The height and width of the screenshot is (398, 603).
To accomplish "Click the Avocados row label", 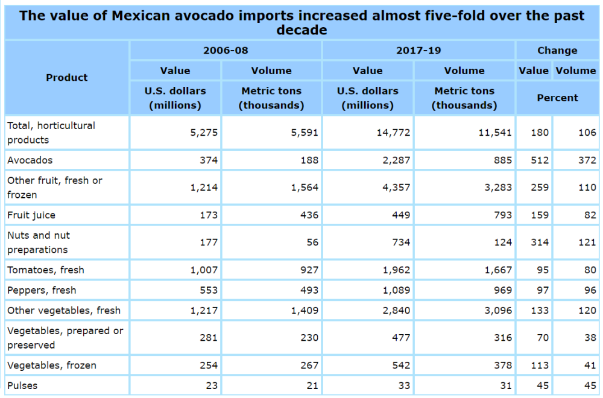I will tap(30, 160).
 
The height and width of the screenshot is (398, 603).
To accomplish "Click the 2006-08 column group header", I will tap(226, 50).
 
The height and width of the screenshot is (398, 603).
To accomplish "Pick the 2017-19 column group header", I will tap(418, 50).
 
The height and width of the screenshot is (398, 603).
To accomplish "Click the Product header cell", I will tap(67, 77).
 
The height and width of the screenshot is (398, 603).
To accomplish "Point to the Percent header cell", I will tap(557, 98).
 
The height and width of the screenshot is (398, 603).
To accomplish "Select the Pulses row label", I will tap(22, 385).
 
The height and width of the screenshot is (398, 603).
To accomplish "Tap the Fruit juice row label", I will tap(31, 215).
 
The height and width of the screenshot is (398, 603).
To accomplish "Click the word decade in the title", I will tap(301, 30).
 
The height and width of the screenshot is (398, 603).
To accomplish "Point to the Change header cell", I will tap(557, 50).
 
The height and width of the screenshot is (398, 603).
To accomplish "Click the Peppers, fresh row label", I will tap(42, 290).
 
